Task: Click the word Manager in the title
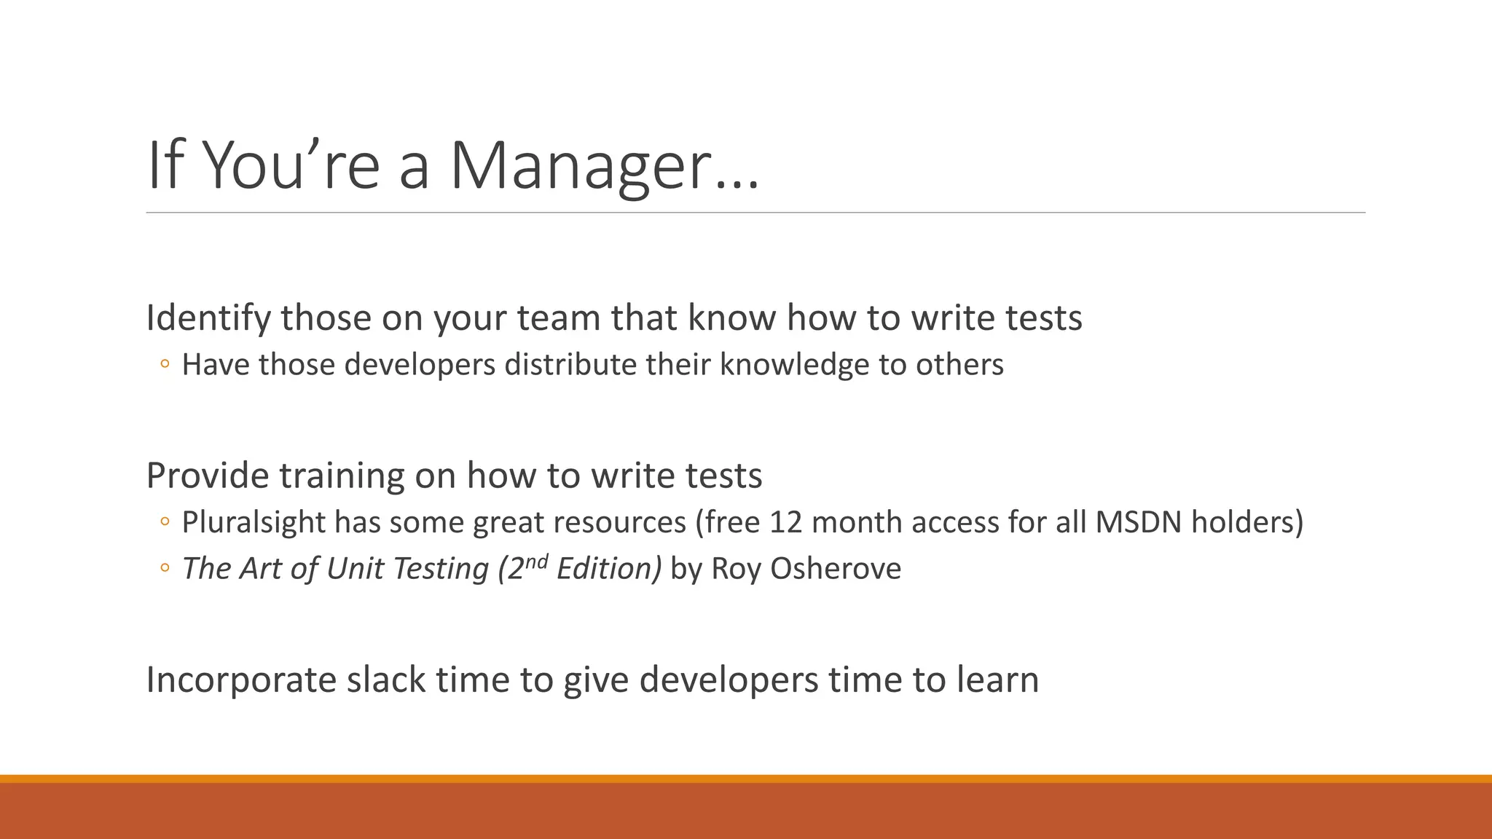(579, 168)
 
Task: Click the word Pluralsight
(253, 522)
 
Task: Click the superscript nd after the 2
(536, 561)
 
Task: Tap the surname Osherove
(835, 569)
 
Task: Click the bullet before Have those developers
(165, 364)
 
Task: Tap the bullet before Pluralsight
(165, 522)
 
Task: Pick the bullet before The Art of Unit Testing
(165, 569)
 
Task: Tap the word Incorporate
(240, 680)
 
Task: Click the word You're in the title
(290, 168)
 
